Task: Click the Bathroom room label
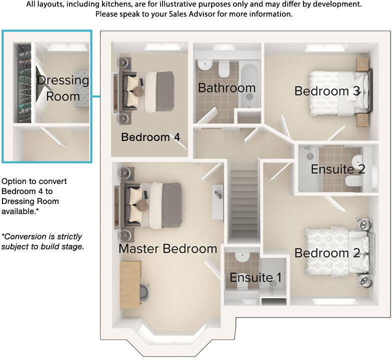coord(226,88)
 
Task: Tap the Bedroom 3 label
coord(327,91)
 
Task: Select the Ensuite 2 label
coord(338,169)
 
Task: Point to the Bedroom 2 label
coord(327,253)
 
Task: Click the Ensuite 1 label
coord(255,277)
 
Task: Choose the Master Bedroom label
coord(167,248)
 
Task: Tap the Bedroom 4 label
coord(150,137)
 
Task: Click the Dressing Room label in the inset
coord(63,87)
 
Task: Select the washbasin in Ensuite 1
coord(241,257)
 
